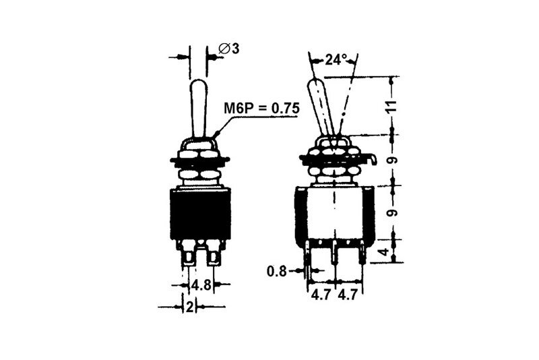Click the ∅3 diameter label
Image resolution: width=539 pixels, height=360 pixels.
[x=229, y=49]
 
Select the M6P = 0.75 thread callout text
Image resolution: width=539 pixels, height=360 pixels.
[x=261, y=108]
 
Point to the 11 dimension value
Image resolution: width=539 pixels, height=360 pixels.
[x=392, y=106]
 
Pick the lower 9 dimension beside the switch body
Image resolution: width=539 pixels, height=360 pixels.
[x=392, y=213]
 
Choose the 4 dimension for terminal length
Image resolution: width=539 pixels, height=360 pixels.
[x=384, y=251]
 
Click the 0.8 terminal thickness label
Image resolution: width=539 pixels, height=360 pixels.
[x=277, y=272]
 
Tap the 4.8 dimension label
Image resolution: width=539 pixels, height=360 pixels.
[x=201, y=284]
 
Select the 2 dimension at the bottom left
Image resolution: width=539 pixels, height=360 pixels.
[x=189, y=307]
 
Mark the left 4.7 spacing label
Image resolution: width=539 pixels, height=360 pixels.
[x=321, y=295]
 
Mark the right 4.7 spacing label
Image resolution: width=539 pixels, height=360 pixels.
[x=348, y=295]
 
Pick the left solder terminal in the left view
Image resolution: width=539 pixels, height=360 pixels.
[x=188, y=254]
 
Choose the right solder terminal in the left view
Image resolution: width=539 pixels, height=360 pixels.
[x=214, y=254]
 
